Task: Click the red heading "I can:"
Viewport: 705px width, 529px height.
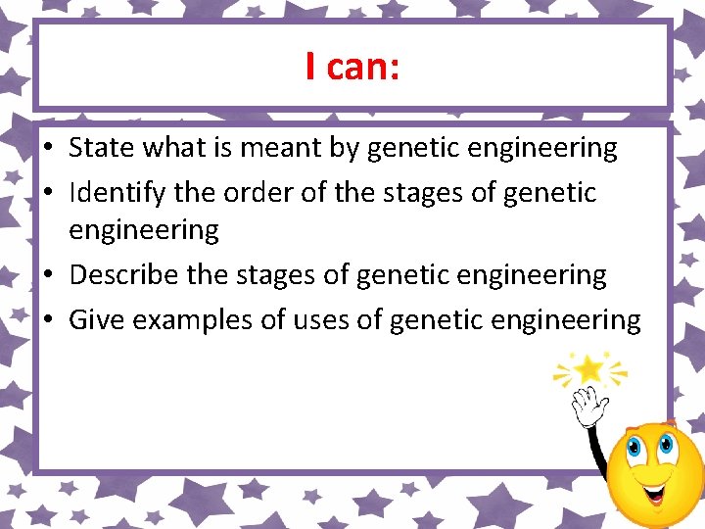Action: [352, 67]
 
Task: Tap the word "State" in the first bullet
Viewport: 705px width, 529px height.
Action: [102, 148]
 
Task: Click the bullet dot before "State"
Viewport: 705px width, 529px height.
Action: [48, 149]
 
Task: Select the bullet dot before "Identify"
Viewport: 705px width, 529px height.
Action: [48, 193]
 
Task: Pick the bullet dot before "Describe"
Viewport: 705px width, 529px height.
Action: [48, 276]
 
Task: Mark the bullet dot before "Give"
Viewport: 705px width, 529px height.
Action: [48, 320]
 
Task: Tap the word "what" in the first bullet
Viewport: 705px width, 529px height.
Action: [180, 148]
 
